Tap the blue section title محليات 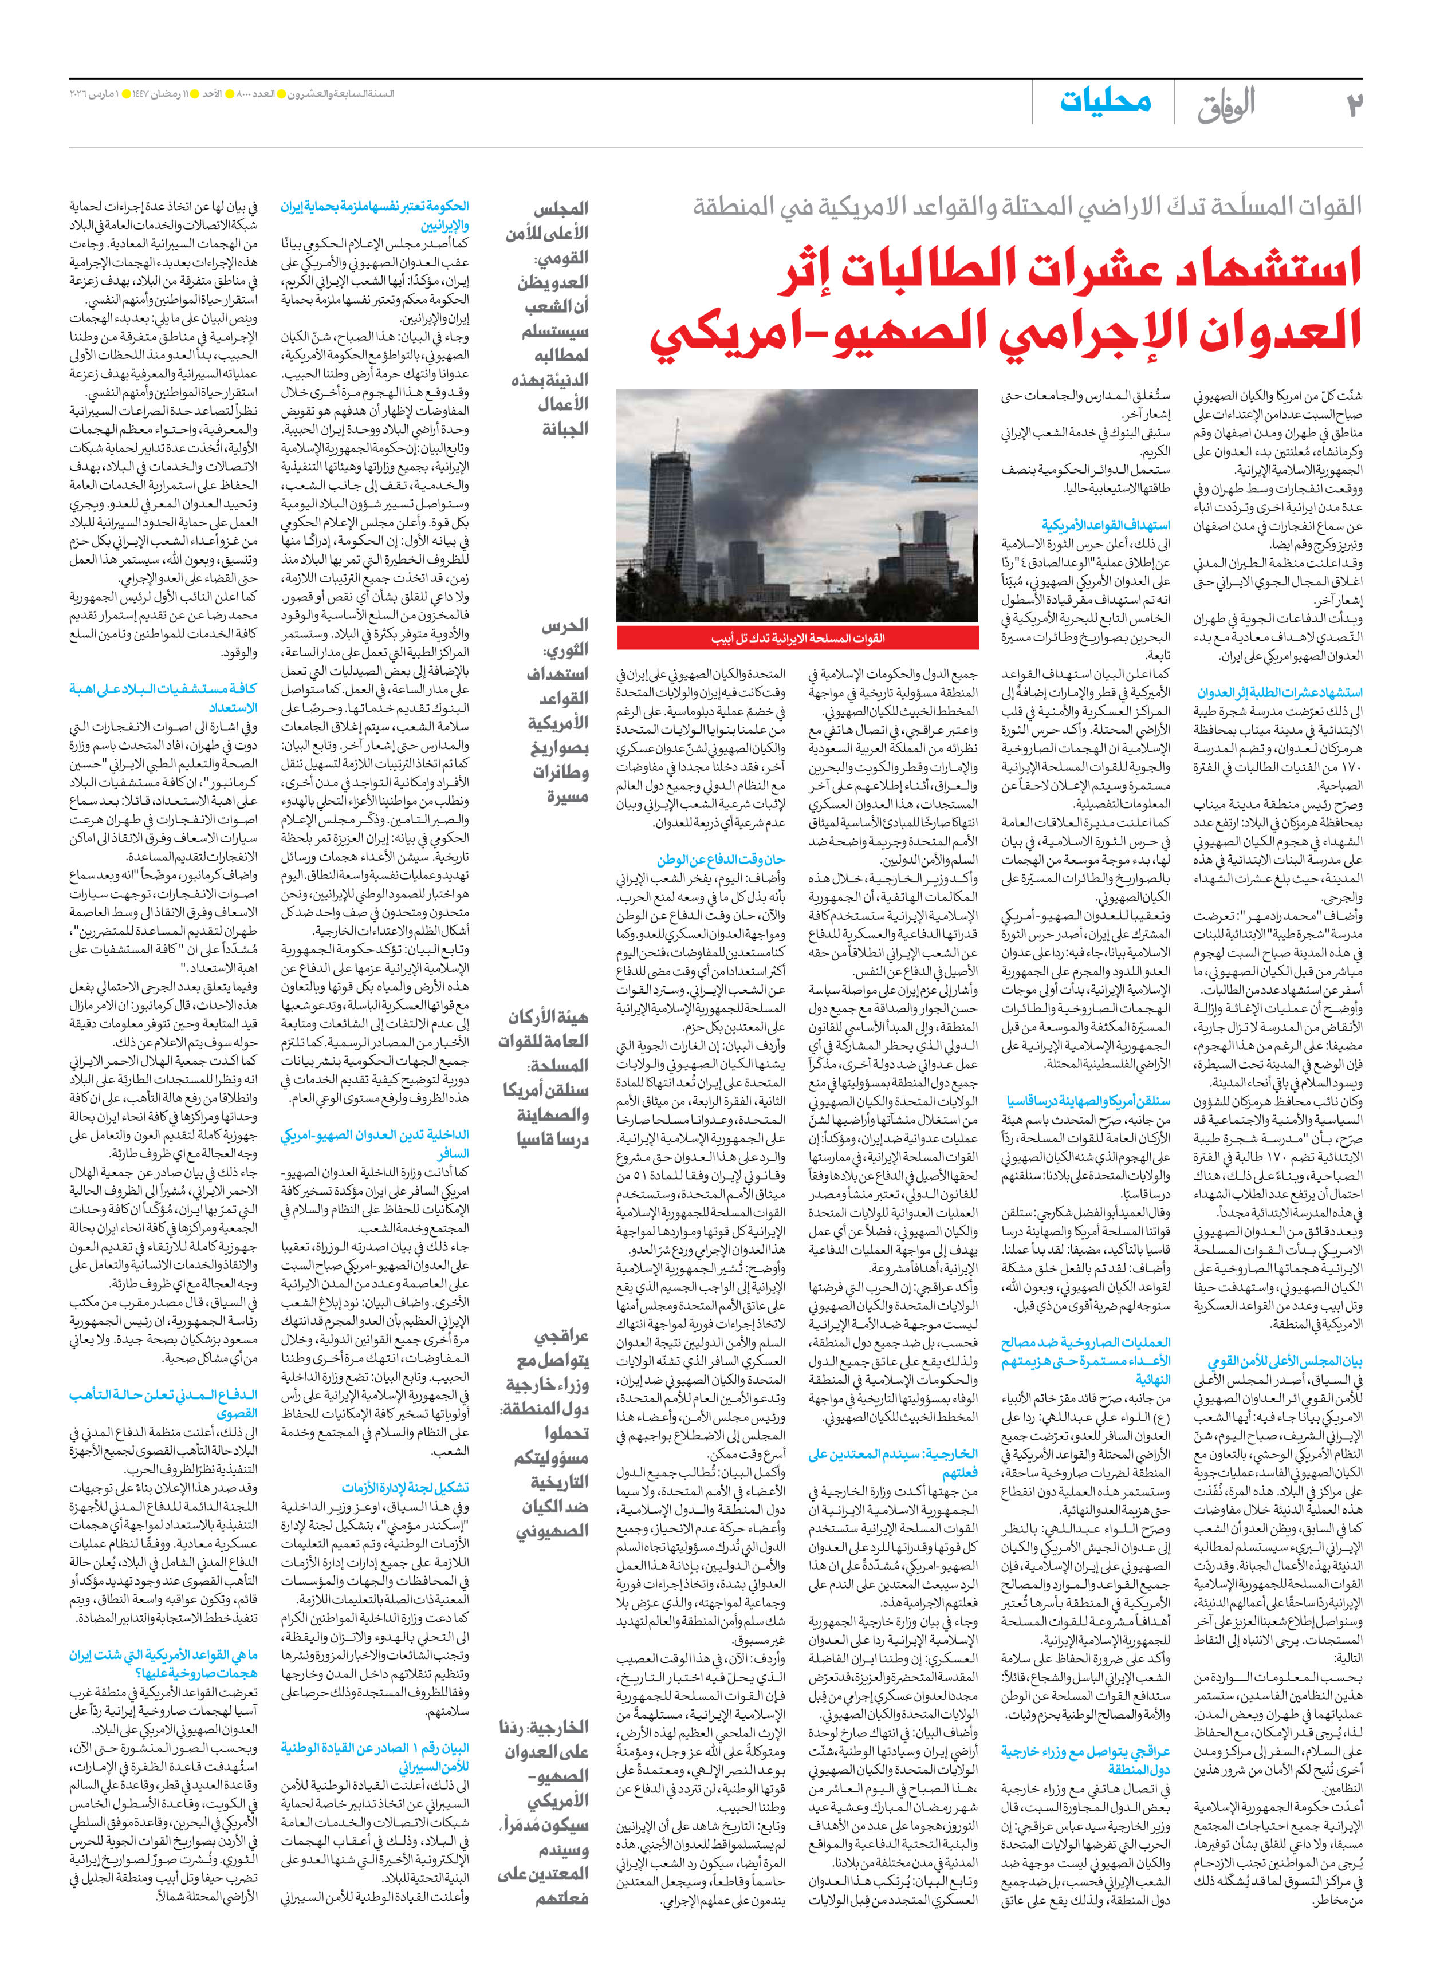(x=1106, y=101)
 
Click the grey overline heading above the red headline (x=1026, y=207)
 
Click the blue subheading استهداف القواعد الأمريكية (x=1106, y=525)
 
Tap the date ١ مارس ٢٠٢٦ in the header (x=95, y=94)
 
